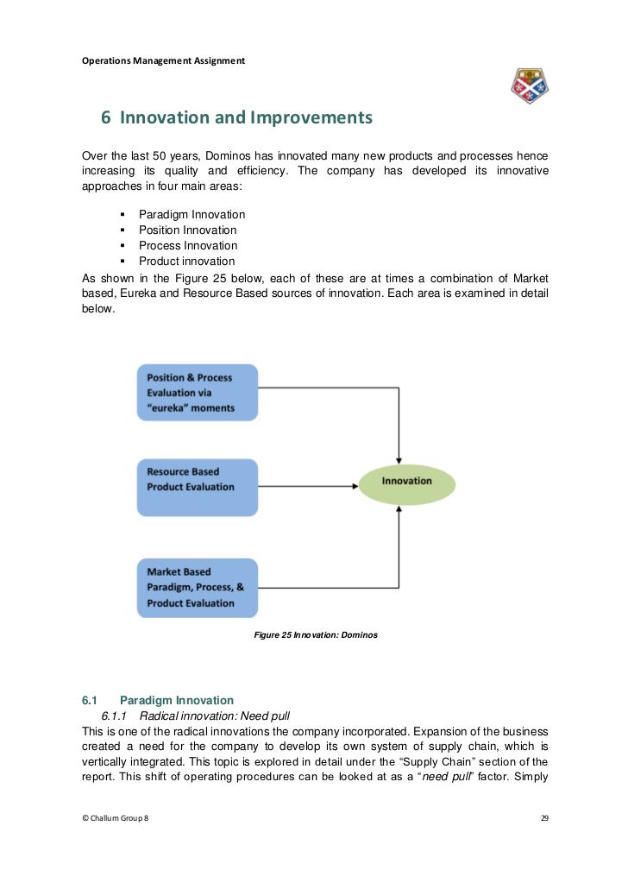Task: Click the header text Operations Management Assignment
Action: coord(163,60)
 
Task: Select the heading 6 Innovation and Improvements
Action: coord(236,117)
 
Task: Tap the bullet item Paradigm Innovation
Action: coord(192,214)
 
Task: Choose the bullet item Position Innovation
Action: coord(187,230)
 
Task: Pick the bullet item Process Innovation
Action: coord(186,245)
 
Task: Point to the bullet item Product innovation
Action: coord(186,261)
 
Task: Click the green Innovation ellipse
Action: coord(406,485)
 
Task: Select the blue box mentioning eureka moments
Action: coord(197,392)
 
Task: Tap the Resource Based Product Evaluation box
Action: coord(197,487)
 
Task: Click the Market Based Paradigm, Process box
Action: coord(197,587)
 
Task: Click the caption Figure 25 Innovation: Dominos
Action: coord(316,635)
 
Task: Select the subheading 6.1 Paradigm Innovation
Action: coord(157,700)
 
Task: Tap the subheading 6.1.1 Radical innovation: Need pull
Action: coord(196,716)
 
